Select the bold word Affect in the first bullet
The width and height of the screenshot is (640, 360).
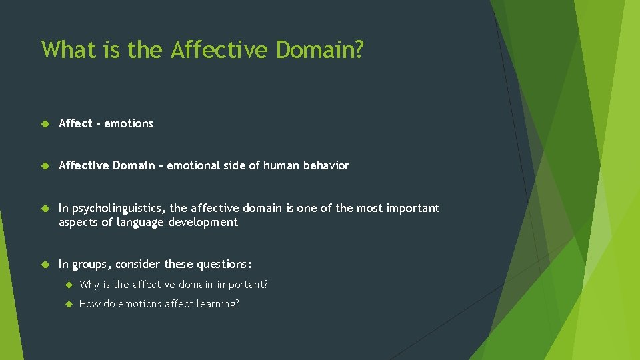pos(75,123)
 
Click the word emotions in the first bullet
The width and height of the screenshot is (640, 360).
pos(129,123)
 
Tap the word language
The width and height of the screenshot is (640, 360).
pos(141,222)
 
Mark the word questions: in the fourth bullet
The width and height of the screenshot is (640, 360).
pos(222,265)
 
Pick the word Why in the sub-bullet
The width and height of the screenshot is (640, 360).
pos(89,285)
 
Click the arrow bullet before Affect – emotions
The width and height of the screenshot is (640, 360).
pos(45,124)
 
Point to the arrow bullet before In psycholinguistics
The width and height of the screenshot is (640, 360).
pos(45,209)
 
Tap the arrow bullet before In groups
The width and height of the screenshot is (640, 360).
pos(45,265)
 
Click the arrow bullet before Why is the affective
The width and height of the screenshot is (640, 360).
pos(68,285)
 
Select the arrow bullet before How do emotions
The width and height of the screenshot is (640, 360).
pos(68,305)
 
